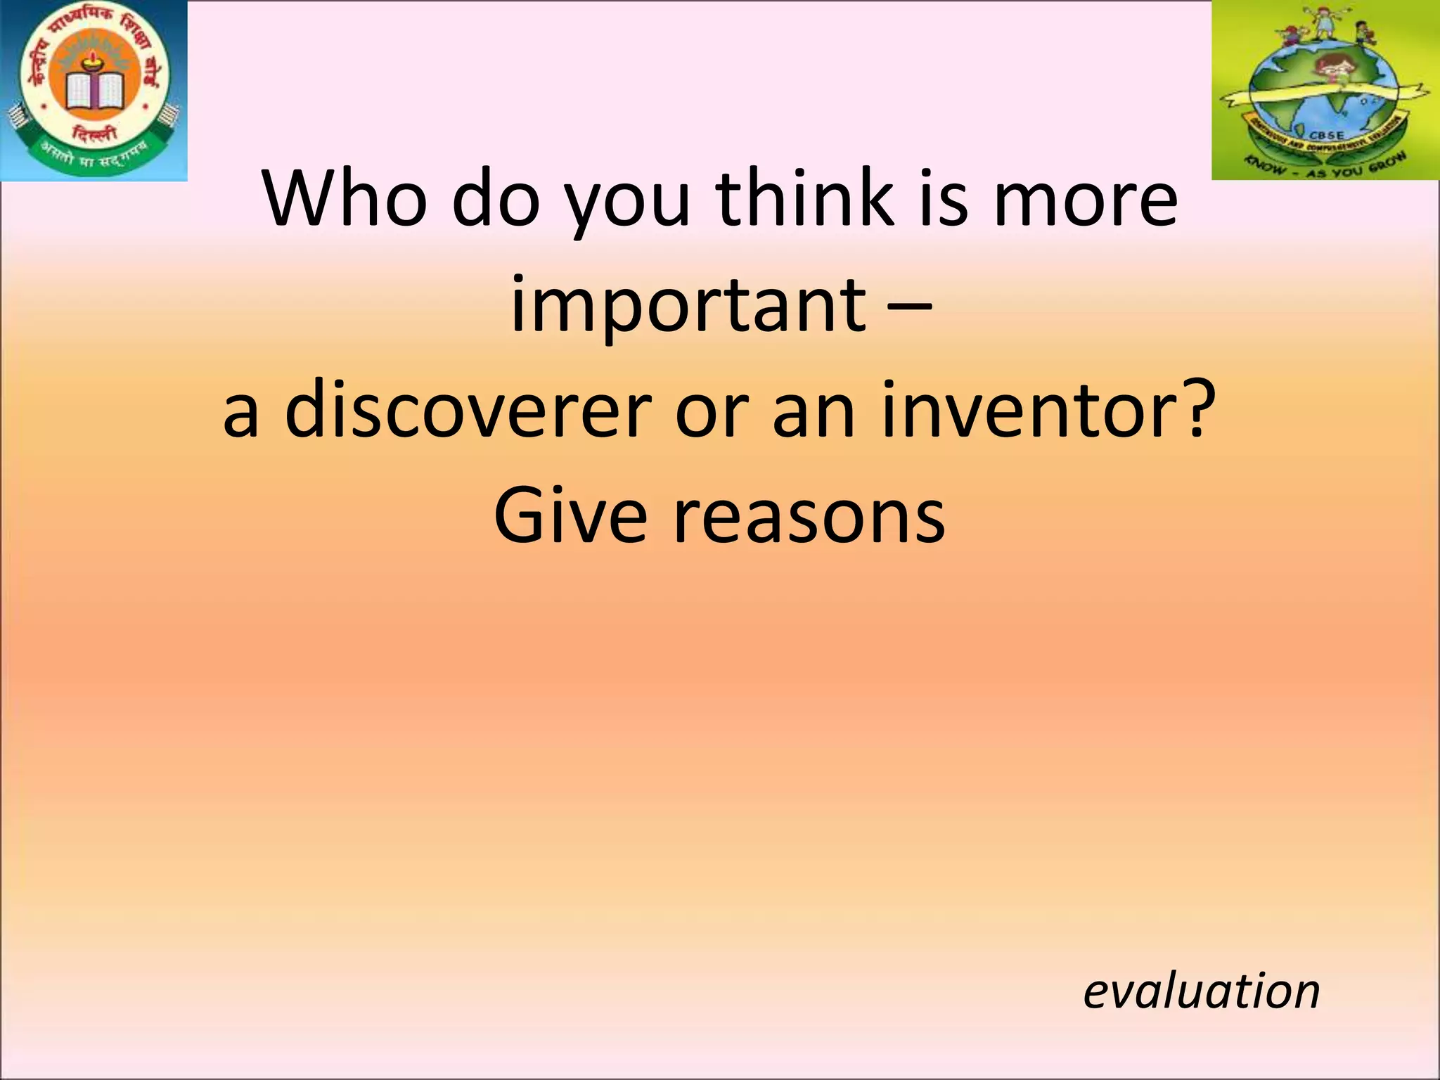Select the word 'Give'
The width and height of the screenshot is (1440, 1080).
(570, 517)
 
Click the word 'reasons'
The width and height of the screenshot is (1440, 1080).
(809, 517)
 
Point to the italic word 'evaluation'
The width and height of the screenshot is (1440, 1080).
(1201, 991)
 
